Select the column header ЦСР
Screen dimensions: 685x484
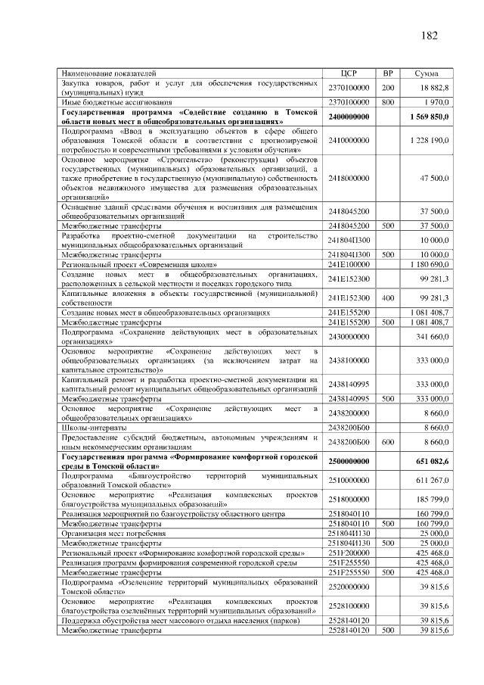coord(349,73)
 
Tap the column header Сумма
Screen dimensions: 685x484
coord(427,73)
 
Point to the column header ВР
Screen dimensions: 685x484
coord(388,73)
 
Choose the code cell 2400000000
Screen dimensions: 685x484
coord(349,117)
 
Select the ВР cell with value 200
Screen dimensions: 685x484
coord(388,88)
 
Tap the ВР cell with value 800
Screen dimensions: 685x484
coord(388,101)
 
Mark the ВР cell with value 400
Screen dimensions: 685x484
coord(388,298)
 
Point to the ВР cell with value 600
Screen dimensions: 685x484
coord(388,441)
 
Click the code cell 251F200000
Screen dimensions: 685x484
coord(349,553)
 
